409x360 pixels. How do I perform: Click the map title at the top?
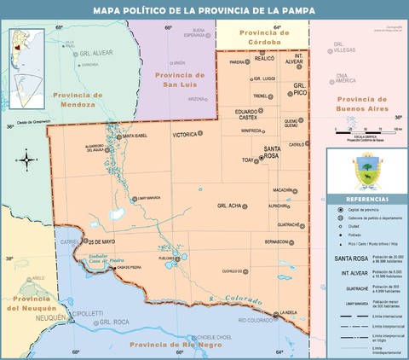[204, 11]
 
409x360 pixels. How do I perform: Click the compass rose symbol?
[28, 159]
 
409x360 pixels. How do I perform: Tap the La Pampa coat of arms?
[367, 170]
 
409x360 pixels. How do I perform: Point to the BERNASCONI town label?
[278, 241]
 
